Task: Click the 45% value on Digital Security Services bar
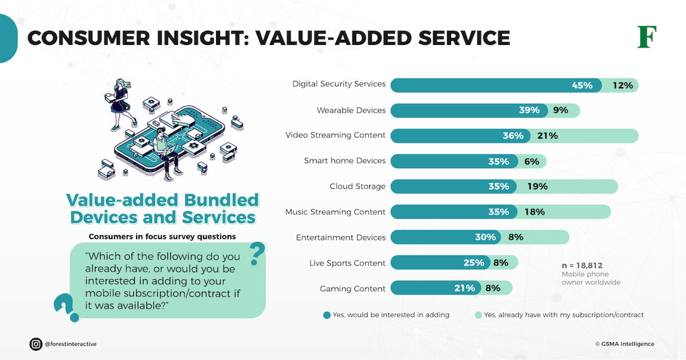[x=582, y=85]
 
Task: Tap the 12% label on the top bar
[x=623, y=85]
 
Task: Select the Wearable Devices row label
[x=351, y=110]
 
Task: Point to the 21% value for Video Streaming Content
[x=547, y=136]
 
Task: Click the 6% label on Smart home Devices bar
[x=532, y=161]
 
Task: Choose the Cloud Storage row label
[x=357, y=186]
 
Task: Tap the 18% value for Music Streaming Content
[x=535, y=212]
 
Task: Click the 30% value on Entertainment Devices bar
[x=485, y=237]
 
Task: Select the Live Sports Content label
[x=347, y=263]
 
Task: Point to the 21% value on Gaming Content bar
[x=465, y=288]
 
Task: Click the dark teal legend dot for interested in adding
[x=327, y=315]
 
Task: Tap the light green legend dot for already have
[x=478, y=315]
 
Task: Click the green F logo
[x=647, y=37]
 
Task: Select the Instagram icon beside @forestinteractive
[x=36, y=344]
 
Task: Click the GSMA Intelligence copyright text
[x=625, y=344]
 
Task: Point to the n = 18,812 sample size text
[x=582, y=266]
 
